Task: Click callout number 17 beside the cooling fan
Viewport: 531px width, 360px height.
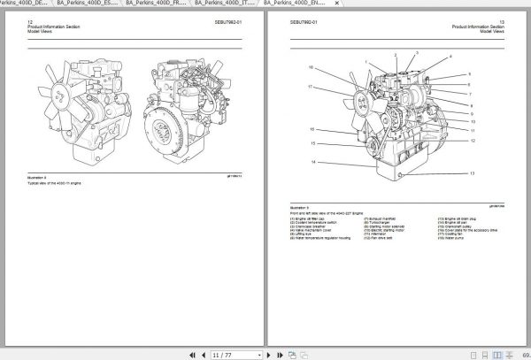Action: pyautogui.click(x=310, y=87)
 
